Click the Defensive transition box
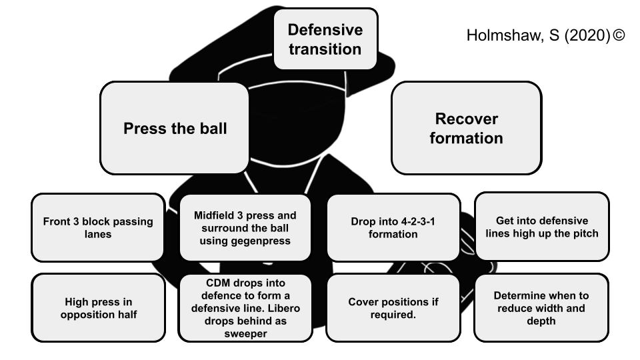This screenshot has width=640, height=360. (x=325, y=39)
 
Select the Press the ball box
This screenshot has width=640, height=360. (x=175, y=129)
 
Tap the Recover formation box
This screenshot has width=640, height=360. (x=466, y=128)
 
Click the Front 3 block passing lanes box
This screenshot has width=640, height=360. (x=98, y=227)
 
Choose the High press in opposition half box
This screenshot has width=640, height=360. (x=98, y=308)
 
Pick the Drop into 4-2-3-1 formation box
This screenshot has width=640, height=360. (x=393, y=227)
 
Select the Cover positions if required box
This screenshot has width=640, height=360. (x=393, y=308)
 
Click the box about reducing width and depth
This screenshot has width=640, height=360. (x=541, y=308)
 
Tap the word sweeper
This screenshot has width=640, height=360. (x=245, y=333)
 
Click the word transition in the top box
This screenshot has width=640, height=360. (x=325, y=49)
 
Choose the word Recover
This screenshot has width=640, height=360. (x=466, y=119)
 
